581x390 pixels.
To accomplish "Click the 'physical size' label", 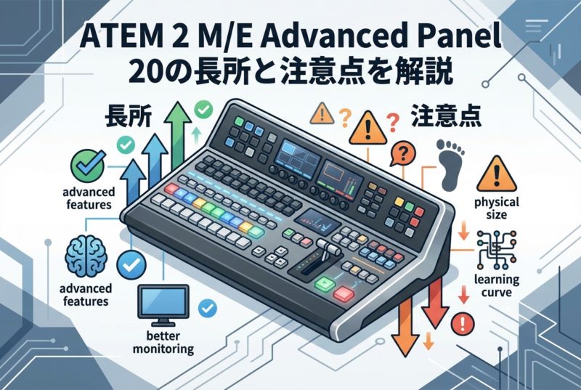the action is (x=497, y=208).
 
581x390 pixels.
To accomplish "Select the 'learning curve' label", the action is (x=497, y=285).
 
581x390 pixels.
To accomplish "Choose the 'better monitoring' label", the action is (x=163, y=342).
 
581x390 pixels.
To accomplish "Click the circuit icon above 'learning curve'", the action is (x=497, y=250).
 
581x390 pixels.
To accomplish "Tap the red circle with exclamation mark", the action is (x=463, y=323).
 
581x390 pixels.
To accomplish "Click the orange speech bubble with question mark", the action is (x=402, y=153).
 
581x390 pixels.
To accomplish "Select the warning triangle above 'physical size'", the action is (x=497, y=175).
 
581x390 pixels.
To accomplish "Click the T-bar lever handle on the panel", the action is (x=328, y=247).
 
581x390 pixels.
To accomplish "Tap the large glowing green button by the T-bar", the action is (x=325, y=284).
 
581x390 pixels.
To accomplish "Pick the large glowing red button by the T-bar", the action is (x=344, y=294).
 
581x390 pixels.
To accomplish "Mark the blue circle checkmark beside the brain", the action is (x=131, y=264).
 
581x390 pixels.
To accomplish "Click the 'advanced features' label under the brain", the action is (x=86, y=294).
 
